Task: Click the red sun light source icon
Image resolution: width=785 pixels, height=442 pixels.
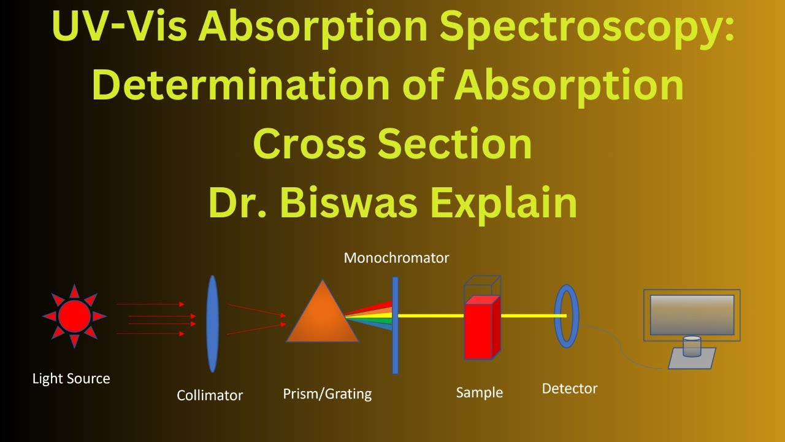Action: [x=74, y=316]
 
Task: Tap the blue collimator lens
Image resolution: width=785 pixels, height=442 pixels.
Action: [x=212, y=324]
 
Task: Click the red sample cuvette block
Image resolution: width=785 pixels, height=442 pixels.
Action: [x=479, y=328]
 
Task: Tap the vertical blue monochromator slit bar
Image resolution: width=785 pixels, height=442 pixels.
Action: [x=396, y=325]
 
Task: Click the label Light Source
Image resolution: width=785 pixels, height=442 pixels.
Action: [x=71, y=379]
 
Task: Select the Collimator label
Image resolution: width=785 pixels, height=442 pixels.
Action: [x=210, y=395]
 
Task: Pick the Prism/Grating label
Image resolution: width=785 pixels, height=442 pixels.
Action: [x=327, y=394]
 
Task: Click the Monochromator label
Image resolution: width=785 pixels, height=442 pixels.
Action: [x=396, y=258]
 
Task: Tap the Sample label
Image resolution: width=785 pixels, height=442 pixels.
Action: [x=480, y=392]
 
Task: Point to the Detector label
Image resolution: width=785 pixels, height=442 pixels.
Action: [x=570, y=389]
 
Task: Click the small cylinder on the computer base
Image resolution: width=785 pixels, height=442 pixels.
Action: [x=692, y=347]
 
